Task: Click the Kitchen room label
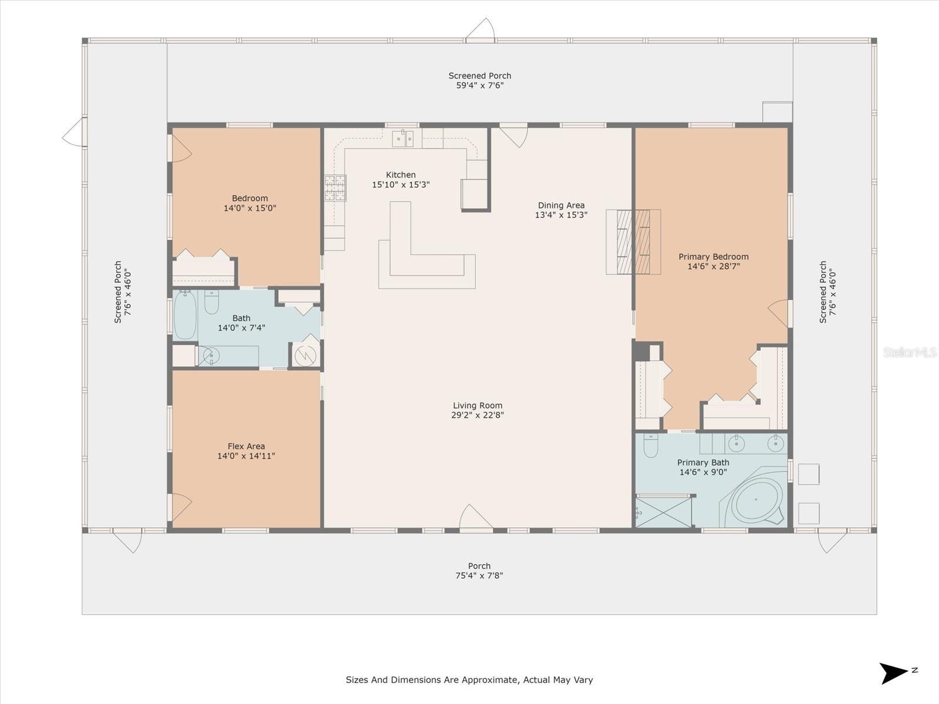(x=401, y=175)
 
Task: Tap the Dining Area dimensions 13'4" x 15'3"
(x=561, y=215)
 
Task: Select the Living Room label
(x=477, y=405)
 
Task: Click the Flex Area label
(x=246, y=446)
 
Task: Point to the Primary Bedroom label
(x=713, y=256)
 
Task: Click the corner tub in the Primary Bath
(x=755, y=500)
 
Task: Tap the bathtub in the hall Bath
(x=185, y=316)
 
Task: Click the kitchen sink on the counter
(x=403, y=139)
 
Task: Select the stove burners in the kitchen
(x=335, y=188)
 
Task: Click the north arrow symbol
(x=893, y=672)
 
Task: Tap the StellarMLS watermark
(x=909, y=352)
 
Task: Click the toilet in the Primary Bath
(x=650, y=446)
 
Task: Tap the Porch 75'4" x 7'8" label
(x=479, y=571)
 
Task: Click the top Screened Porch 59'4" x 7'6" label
(x=479, y=80)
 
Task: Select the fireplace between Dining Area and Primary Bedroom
(x=633, y=241)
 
